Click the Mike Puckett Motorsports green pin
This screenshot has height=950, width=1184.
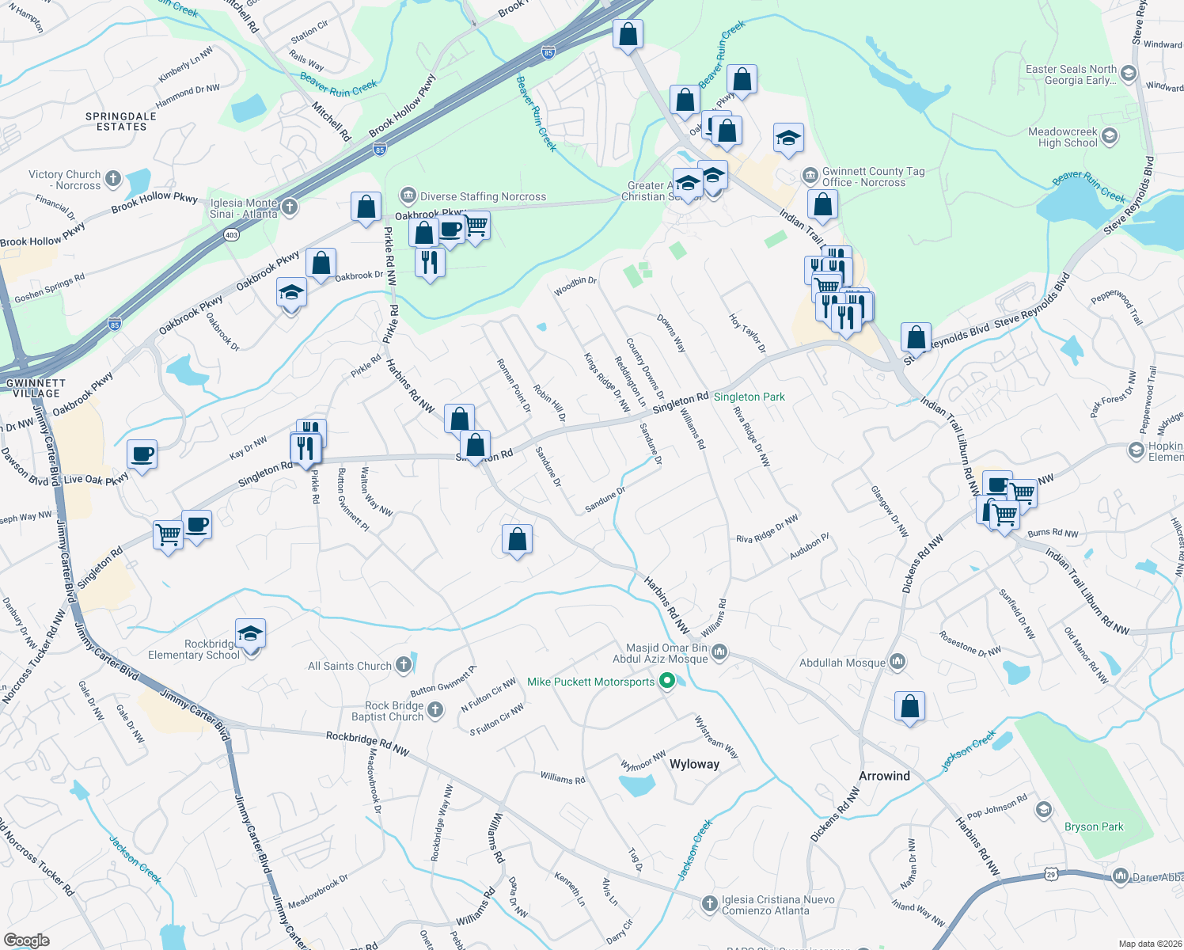(x=666, y=681)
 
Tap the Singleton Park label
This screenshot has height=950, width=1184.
(x=749, y=397)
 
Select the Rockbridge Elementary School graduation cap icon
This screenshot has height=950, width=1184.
(x=250, y=634)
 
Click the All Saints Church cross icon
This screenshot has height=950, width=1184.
(x=404, y=665)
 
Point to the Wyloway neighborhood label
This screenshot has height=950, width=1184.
(x=694, y=764)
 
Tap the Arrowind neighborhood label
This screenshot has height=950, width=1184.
(x=884, y=776)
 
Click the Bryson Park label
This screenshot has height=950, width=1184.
(x=1094, y=826)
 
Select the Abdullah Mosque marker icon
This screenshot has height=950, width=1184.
(x=897, y=661)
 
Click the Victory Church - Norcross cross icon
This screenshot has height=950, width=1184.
(x=113, y=178)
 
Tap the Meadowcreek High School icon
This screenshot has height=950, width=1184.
(x=1110, y=136)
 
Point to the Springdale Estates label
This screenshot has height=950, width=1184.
(x=121, y=121)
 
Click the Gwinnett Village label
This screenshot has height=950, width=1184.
(x=36, y=388)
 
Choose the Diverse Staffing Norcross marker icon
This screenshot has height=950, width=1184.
(x=408, y=195)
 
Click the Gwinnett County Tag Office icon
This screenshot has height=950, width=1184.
(x=810, y=175)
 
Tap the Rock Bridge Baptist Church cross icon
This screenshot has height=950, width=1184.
(x=435, y=710)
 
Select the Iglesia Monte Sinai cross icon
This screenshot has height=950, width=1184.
(x=290, y=207)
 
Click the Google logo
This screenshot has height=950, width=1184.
(x=26, y=940)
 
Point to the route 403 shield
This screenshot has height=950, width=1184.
(x=231, y=234)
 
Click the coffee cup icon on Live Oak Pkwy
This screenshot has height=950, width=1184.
(x=142, y=455)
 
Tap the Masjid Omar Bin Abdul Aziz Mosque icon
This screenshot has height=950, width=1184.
(x=719, y=652)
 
